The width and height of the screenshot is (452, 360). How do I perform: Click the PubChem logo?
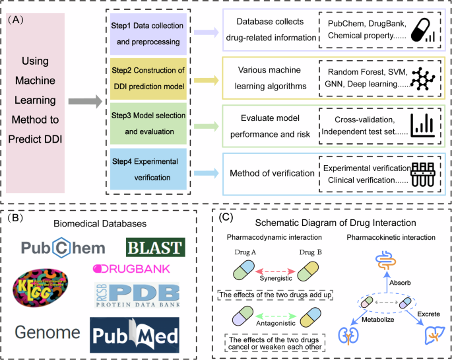(x=62, y=247)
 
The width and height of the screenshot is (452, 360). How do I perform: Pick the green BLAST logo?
(x=155, y=247)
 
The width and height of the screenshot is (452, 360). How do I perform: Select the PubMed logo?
(x=135, y=331)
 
